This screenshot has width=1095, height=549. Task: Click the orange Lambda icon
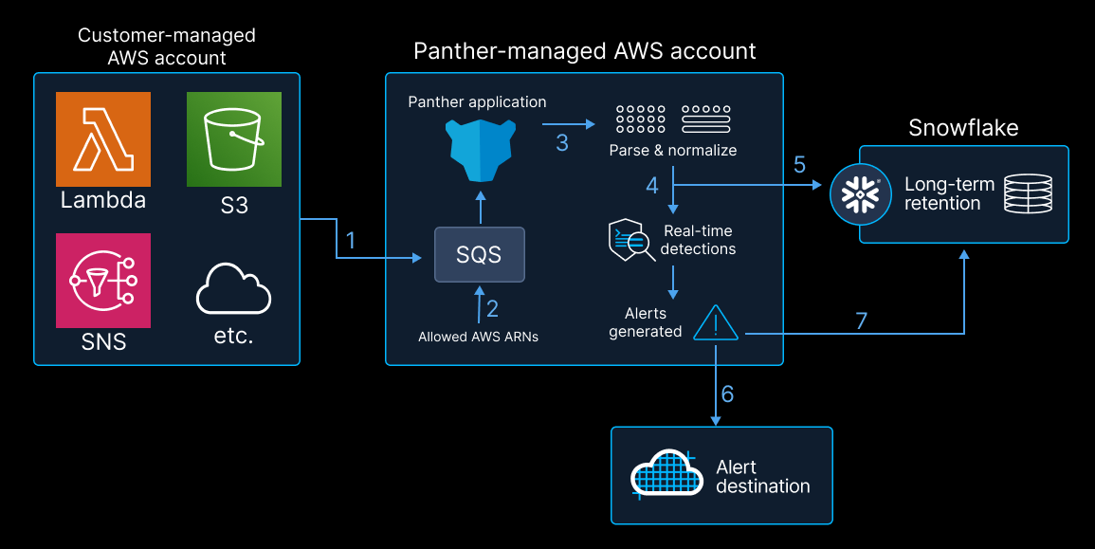(x=102, y=138)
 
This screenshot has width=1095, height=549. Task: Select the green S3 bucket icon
(x=234, y=138)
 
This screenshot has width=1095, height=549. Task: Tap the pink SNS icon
(x=102, y=280)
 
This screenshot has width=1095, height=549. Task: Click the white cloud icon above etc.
(x=233, y=289)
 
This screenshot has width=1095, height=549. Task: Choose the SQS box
(x=479, y=255)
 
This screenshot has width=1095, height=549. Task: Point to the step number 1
(x=351, y=240)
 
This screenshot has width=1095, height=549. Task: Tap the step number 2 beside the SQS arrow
(x=492, y=308)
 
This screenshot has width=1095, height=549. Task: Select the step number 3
(x=562, y=143)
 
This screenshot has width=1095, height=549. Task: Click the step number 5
(x=799, y=164)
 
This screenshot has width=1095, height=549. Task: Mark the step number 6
(x=727, y=393)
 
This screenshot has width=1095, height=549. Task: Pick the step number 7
(x=861, y=320)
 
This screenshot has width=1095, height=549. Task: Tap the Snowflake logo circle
(x=861, y=192)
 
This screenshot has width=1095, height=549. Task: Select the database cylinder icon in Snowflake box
(x=1029, y=193)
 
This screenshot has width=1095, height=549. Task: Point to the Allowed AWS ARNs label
(x=478, y=337)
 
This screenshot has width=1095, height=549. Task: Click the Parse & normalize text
(x=672, y=150)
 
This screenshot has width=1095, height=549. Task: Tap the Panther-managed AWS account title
(x=584, y=51)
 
